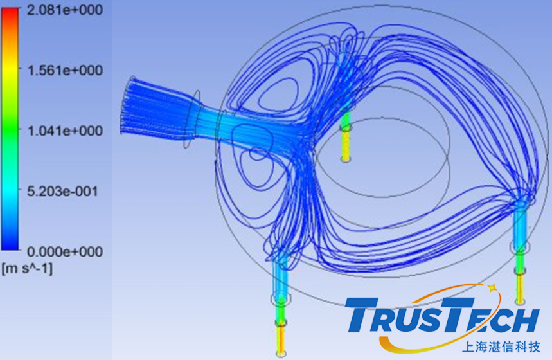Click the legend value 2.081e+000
click(x=65, y=10)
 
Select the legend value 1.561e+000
click(x=65, y=71)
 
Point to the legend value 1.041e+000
click(x=65, y=131)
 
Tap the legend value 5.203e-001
click(x=62, y=192)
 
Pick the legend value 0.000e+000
click(x=65, y=252)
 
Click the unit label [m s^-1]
click(x=27, y=269)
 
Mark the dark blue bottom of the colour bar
click(x=10, y=243)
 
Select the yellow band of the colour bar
click(x=10, y=71)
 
